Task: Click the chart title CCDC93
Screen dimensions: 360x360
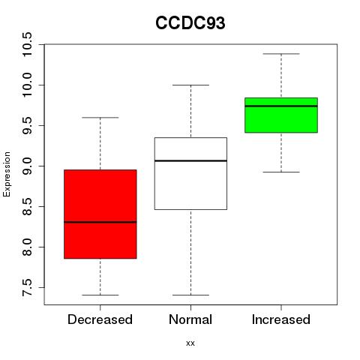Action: [x=190, y=23]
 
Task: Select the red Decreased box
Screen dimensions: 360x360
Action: [x=100, y=214]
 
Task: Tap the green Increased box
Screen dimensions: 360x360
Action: [x=281, y=115]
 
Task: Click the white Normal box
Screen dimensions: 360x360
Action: [x=190, y=173]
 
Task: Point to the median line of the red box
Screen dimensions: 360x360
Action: [x=100, y=222]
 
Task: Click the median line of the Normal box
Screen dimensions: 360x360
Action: [x=190, y=160]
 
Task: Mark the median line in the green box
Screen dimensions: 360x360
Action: [x=281, y=106]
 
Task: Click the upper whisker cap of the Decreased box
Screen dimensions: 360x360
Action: [x=100, y=117]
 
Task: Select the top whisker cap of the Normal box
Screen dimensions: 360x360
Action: [x=190, y=85]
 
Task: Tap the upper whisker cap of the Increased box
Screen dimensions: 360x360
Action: [x=281, y=54]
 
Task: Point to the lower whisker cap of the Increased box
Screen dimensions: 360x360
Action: [x=281, y=172]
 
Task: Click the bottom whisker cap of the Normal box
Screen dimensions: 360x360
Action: [x=190, y=295]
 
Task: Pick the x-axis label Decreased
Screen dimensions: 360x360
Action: [x=100, y=319]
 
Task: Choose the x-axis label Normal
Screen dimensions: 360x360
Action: [x=190, y=319]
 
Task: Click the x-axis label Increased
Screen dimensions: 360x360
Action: [x=281, y=319]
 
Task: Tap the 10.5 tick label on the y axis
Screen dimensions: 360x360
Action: [x=27, y=44]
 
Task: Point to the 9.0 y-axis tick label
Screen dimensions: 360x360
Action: [x=27, y=166]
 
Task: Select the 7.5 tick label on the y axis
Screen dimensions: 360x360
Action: [x=27, y=287]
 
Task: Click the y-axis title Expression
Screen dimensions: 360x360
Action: [x=7, y=174]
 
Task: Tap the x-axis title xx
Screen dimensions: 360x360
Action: [x=190, y=343]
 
